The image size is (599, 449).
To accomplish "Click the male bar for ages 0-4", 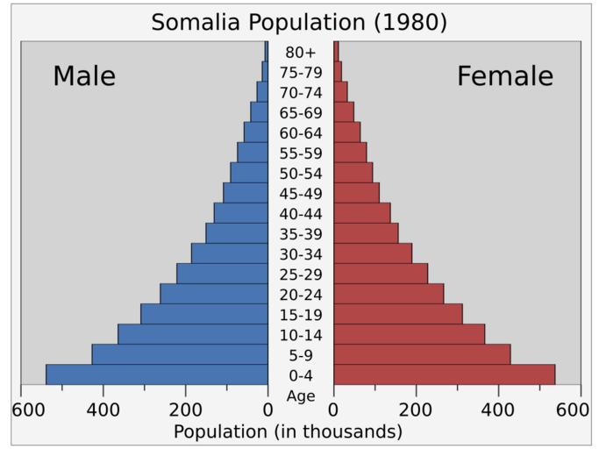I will pos(157,374).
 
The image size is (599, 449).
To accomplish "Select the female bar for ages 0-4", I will pos(444,374).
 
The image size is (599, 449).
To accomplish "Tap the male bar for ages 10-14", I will pos(193,334).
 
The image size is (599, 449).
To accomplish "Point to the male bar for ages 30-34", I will pos(230,253).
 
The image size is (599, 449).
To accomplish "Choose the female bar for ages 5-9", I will pos(422,354).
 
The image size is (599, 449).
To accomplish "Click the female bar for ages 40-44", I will pos(361,212).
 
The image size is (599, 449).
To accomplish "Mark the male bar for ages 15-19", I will pos(204,314).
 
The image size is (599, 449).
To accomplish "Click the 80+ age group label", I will pos(300,53).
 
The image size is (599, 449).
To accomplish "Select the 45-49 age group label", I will pos(300,194).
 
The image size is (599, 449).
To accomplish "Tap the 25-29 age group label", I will pos(300,274).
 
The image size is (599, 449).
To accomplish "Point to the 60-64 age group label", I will pos(300,133).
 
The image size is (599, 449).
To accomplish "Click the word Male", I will pos(84,76).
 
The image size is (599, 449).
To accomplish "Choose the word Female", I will pos(505,76).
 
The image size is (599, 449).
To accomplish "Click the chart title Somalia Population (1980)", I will pos(299,22).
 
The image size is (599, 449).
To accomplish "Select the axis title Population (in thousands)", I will pos(288,431).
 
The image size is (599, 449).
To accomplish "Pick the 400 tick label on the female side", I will pos(498,410).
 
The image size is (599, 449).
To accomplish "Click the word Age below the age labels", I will pos(300,396).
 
